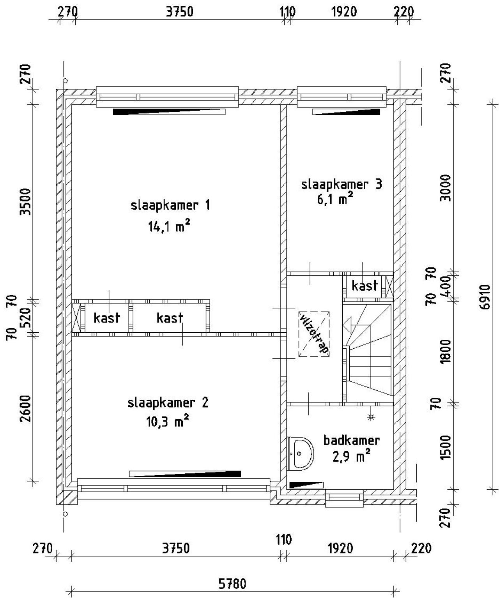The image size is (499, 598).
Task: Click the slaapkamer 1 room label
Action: coord(170,205)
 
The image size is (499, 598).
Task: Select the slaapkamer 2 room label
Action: coord(168,402)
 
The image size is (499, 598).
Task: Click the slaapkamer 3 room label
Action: coord(342,184)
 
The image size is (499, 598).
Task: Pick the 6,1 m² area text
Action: coord(335,199)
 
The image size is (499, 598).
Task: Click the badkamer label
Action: coord(351,440)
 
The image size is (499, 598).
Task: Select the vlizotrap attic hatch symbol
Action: coord(314,334)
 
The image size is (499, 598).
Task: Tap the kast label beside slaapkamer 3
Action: coord(365,286)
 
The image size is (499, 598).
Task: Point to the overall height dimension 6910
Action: coord(485,297)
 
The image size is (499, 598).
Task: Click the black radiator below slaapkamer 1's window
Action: coord(169,112)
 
